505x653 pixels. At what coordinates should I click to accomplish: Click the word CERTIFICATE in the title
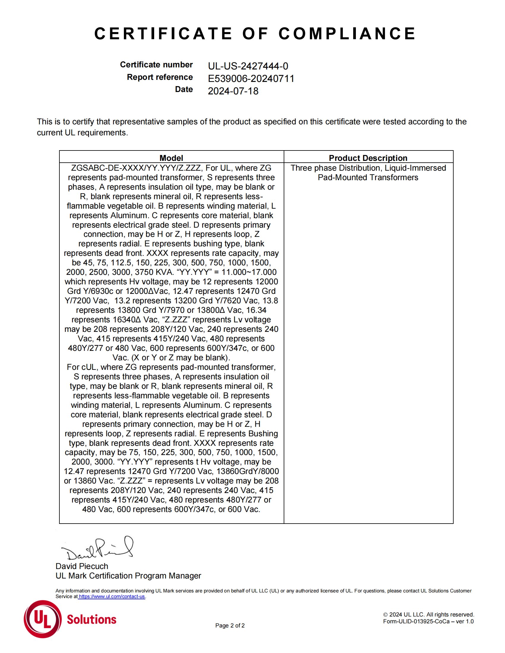tap(163, 34)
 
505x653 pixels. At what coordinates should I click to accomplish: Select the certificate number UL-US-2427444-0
tap(248, 66)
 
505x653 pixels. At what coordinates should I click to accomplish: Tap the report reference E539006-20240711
tap(251, 79)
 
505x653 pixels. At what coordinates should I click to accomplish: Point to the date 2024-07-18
tap(233, 91)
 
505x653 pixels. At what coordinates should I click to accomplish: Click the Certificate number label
tap(156, 65)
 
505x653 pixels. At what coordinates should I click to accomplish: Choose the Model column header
tap(171, 158)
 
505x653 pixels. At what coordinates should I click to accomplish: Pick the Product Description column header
tap(368, 158)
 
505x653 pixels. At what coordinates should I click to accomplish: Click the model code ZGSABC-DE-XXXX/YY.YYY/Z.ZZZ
tap(136, 168)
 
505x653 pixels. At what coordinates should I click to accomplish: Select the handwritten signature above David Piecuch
tap(97, 549)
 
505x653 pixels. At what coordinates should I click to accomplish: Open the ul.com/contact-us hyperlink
tap(112, 597)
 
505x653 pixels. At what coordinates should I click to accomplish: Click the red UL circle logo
tap(42, 619)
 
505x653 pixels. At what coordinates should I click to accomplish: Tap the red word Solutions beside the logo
tap(91, 619)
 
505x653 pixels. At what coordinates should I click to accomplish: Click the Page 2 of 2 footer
tap(230, 625)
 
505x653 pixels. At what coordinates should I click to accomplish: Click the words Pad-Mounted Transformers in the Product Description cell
tap(368, 177)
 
